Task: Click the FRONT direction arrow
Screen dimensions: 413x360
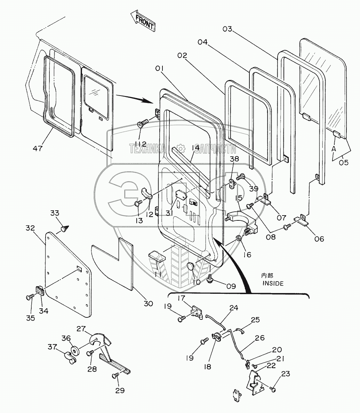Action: click(x=143, y=21)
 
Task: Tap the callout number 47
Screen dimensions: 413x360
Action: click(x=38, y=148)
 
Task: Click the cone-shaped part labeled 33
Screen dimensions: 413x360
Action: click(x=64, y=229)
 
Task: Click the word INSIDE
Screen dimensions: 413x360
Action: click(x=273, y=283)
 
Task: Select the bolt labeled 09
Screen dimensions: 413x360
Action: click(x=210, y=279)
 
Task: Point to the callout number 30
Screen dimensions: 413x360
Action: click(x=148, y=303)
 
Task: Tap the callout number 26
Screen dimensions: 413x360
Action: click(x=259, y=338)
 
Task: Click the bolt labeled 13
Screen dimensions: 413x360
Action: click(x=138, y=204)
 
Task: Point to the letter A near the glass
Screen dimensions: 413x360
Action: click(x=334, y=148)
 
